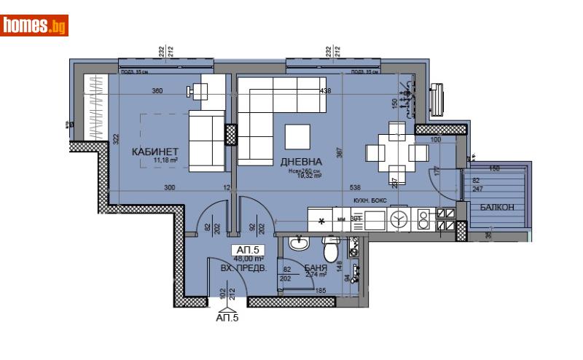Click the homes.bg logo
point(35,26)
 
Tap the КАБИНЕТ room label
point(155,152)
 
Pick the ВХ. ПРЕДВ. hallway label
point(244,268)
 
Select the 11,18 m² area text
point(154,162)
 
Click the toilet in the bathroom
point(330,249)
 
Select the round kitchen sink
point(399,218)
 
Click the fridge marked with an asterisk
point(321,219)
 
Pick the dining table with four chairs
point(397,153)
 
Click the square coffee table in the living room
point(297,136)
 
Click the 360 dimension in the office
point(157,91)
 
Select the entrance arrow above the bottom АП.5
point(227,306)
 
